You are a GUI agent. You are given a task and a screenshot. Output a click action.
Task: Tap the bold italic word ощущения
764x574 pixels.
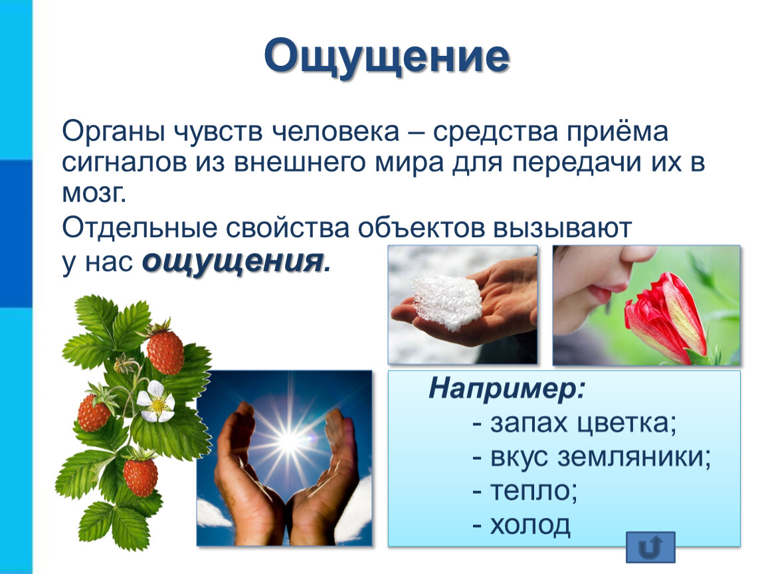click(x=233, y=262)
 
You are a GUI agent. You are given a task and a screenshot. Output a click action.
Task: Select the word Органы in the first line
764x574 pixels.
click(x=113, y=132)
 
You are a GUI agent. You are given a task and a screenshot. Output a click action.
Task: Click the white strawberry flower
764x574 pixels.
click(x=156, y=401)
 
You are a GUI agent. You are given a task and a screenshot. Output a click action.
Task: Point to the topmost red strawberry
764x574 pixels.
click(x=165, y=352)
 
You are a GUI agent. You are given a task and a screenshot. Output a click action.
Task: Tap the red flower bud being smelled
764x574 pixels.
click(x=666, y=318)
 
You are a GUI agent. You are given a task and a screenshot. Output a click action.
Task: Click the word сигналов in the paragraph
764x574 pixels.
click(x=124, y=163)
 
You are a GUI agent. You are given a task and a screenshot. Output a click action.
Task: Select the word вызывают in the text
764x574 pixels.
click(x=562, y=228)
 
